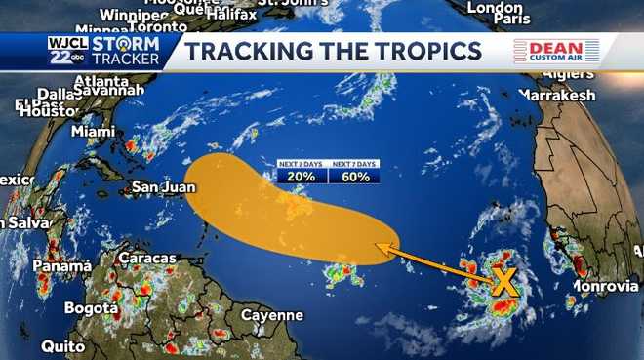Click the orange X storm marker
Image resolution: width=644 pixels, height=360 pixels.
tap(503, 282)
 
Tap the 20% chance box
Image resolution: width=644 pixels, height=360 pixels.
tap(302, 177)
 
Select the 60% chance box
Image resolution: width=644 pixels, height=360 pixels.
tap(354, 177)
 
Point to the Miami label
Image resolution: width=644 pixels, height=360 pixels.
tap(93, 131)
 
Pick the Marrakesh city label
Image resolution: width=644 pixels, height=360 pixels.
tap(556, 96)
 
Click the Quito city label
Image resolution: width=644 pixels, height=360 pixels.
tap(62, 346)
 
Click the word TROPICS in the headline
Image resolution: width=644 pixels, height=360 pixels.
tap(420, 53)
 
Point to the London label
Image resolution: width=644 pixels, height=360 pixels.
tap(495, 7)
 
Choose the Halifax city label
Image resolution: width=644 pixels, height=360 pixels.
tap(230, 14)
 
